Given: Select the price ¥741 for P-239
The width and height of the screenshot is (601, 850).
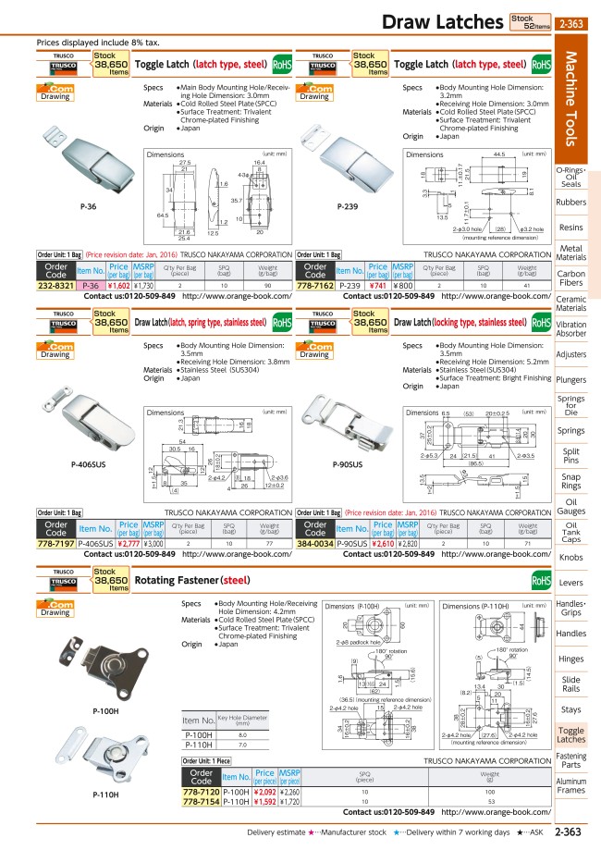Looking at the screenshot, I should pos(377,287).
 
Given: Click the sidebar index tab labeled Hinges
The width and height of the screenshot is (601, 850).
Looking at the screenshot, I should pos(570,659).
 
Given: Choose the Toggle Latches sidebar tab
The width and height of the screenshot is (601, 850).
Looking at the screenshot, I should pos(570,734).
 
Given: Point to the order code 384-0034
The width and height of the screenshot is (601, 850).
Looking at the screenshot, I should pos(315,545).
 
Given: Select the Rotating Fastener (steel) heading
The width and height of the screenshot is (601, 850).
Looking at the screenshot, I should pos(192,581).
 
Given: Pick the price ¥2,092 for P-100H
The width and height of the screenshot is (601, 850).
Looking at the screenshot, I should pos(264,791).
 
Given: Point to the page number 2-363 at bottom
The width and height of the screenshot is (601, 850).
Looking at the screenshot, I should pos(568,832).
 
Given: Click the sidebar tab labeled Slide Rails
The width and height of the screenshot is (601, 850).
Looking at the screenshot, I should pos(570,684).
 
